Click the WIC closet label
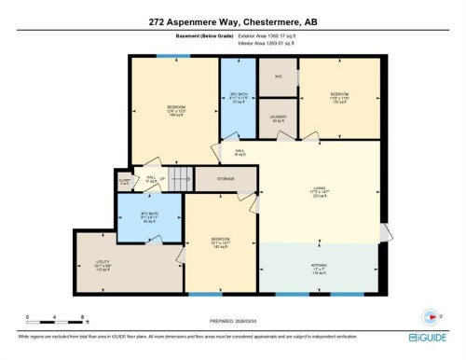[278, 76]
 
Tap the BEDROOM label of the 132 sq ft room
[338, 94]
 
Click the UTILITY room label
[103, 262]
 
